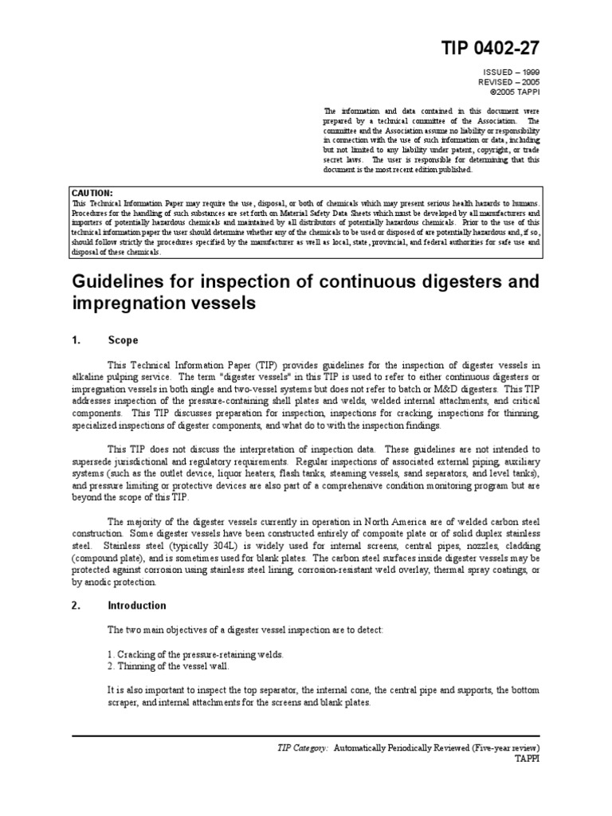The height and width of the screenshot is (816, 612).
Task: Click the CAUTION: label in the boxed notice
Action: click(x=92, y=193)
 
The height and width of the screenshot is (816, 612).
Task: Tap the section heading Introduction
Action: click(x=136, y=605)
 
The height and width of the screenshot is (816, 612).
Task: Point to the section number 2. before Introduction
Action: click(x=77, y=605)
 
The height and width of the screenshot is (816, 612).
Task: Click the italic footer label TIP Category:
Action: click(x=300, y=748)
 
